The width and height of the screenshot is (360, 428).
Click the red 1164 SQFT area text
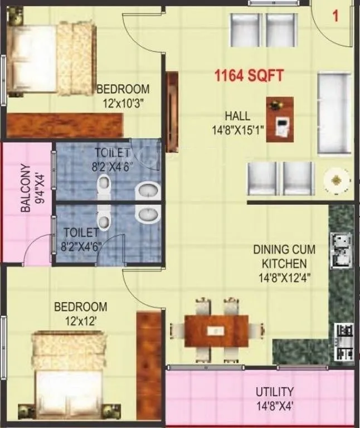250,75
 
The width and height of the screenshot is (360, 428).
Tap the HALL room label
237,116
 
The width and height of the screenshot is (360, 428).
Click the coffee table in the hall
280,119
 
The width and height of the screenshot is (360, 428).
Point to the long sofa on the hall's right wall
334,113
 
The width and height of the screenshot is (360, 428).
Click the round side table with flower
337,179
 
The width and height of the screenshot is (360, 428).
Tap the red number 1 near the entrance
335,16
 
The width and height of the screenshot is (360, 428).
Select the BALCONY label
26,187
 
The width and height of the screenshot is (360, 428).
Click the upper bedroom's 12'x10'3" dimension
123,103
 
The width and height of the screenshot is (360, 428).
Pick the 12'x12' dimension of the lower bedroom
80,320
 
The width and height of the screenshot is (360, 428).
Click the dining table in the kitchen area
217,330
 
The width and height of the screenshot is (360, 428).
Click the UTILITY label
275,392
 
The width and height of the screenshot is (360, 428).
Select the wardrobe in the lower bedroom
149,365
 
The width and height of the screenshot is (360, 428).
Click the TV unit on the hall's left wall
172,111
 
